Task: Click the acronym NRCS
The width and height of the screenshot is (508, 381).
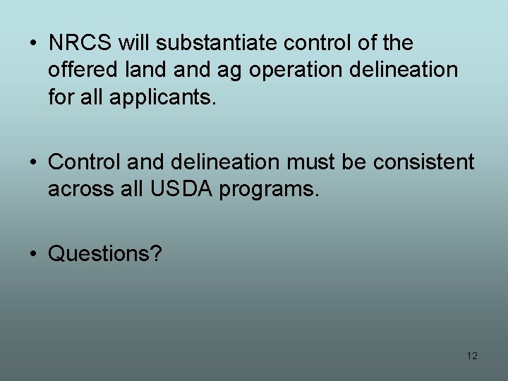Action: [80, 43]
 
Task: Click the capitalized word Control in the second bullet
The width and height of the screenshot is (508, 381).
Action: [87, 162]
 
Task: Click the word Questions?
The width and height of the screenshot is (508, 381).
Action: [105, 253]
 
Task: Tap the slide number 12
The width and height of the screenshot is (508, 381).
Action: [472, 356]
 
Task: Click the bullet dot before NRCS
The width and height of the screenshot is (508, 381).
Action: [34, 44]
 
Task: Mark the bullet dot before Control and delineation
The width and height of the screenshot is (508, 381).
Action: [34, 163]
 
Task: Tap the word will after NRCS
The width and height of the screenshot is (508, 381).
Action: [134, 43]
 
